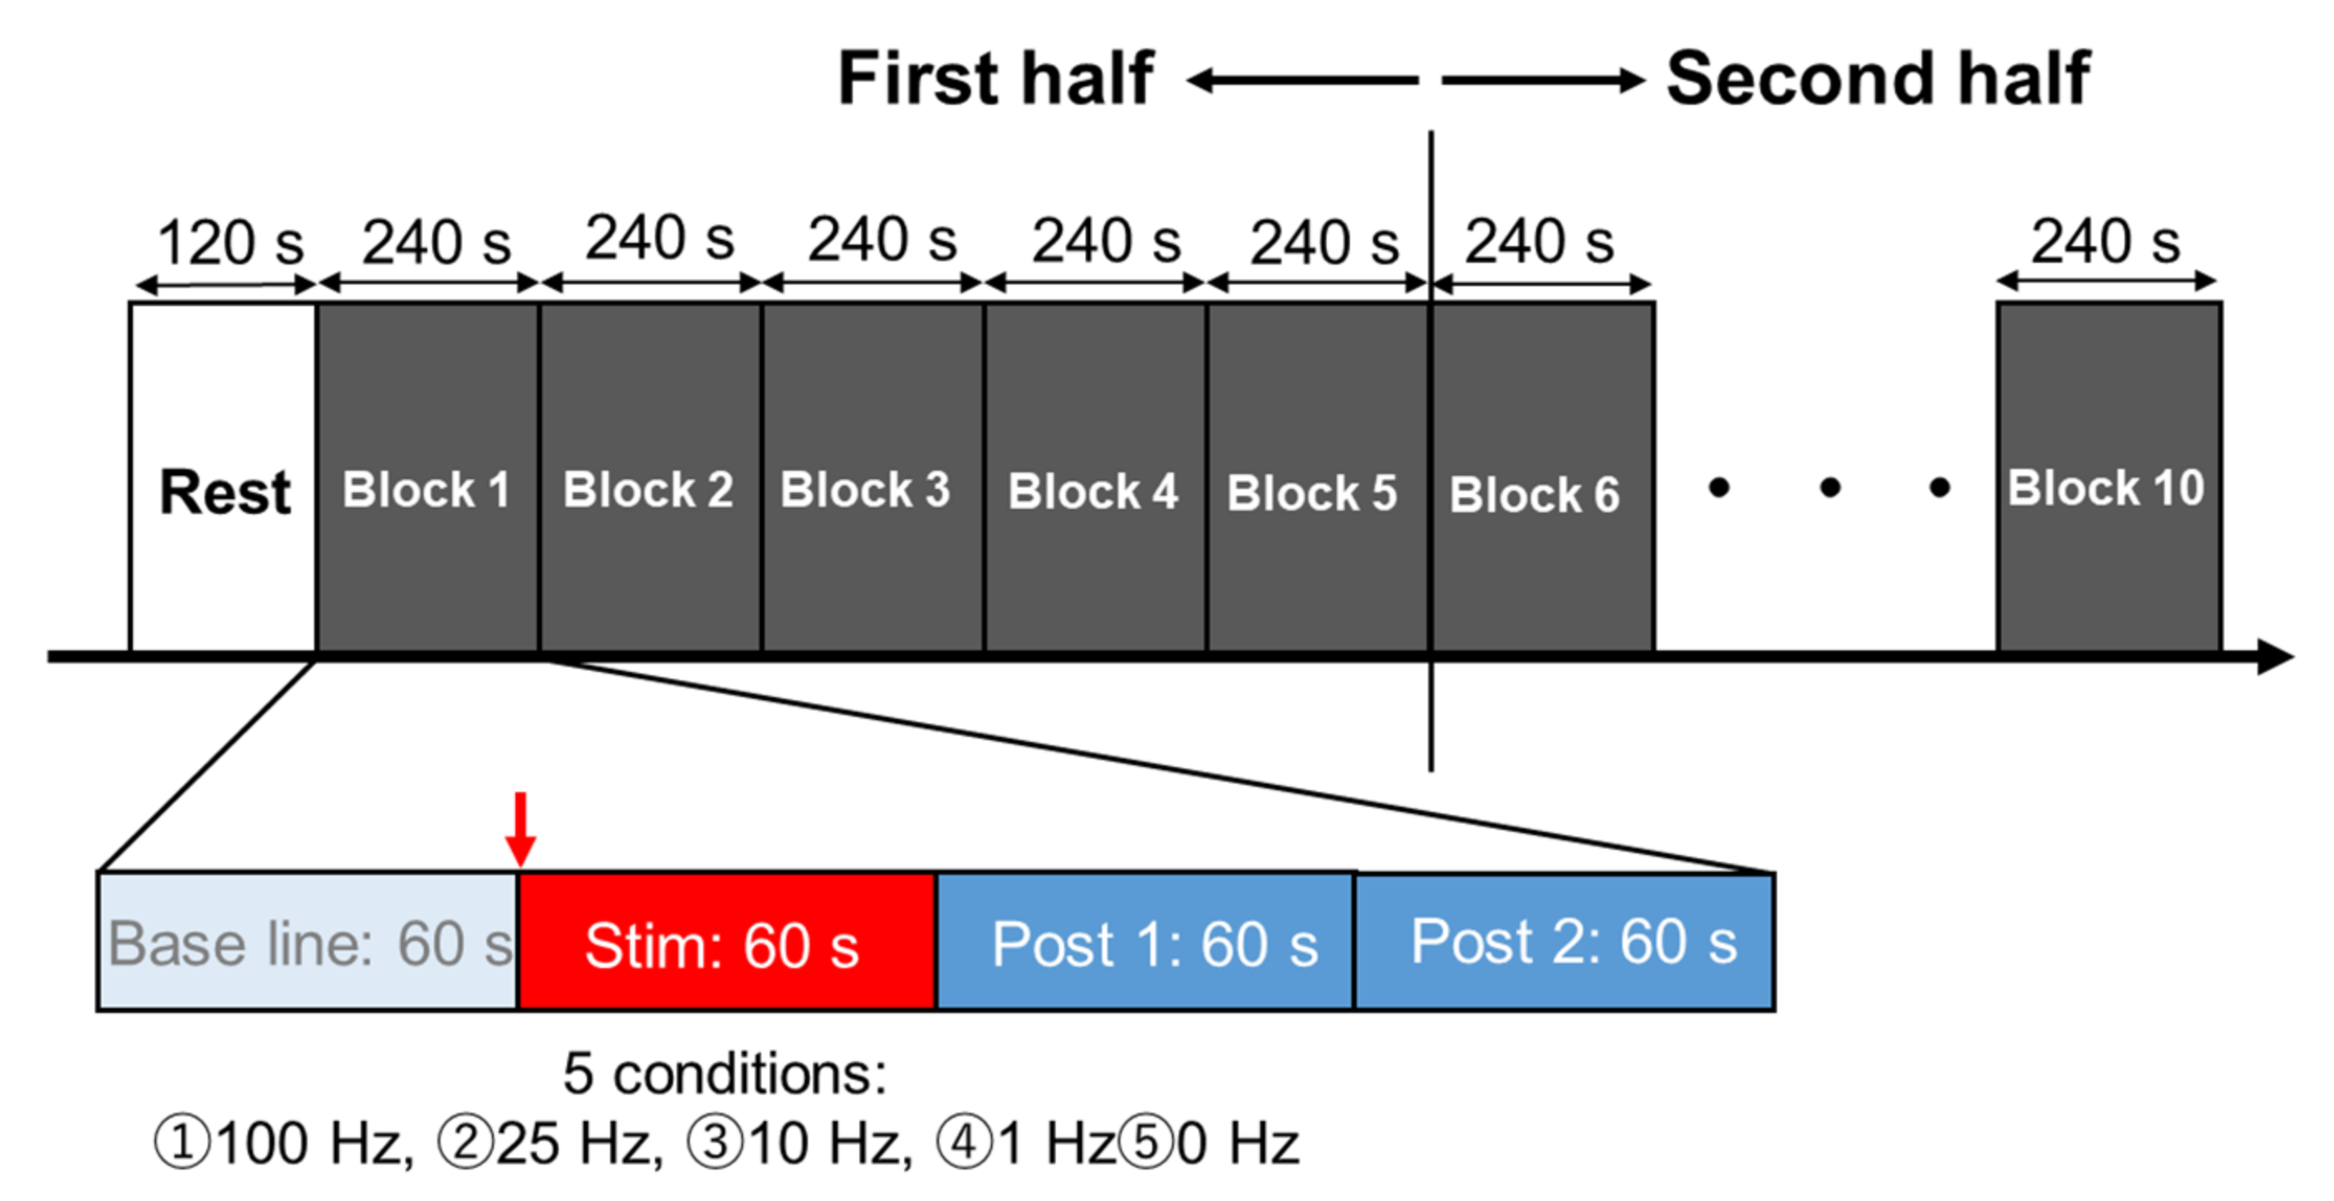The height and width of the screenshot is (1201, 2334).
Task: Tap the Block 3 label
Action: (865, 491)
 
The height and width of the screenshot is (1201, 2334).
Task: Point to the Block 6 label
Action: (1534, 495)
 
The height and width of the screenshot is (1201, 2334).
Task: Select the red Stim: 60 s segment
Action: (726, 942)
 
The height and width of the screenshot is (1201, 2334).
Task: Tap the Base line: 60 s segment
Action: (308, 942)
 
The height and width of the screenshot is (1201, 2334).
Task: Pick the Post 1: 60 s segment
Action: (1145, 942)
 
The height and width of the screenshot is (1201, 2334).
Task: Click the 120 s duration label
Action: (230, 243)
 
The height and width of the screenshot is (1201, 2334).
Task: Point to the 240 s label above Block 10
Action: (2105, 241)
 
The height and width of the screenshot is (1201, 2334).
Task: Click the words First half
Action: (996, 79)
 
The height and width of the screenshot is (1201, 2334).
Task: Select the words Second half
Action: (1879, 79)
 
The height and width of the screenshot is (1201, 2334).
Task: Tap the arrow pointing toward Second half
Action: (1542, 81)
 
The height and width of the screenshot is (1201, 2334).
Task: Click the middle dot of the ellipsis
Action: (1829, 488)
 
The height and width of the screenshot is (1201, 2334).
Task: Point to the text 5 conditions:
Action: (725, 1074)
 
